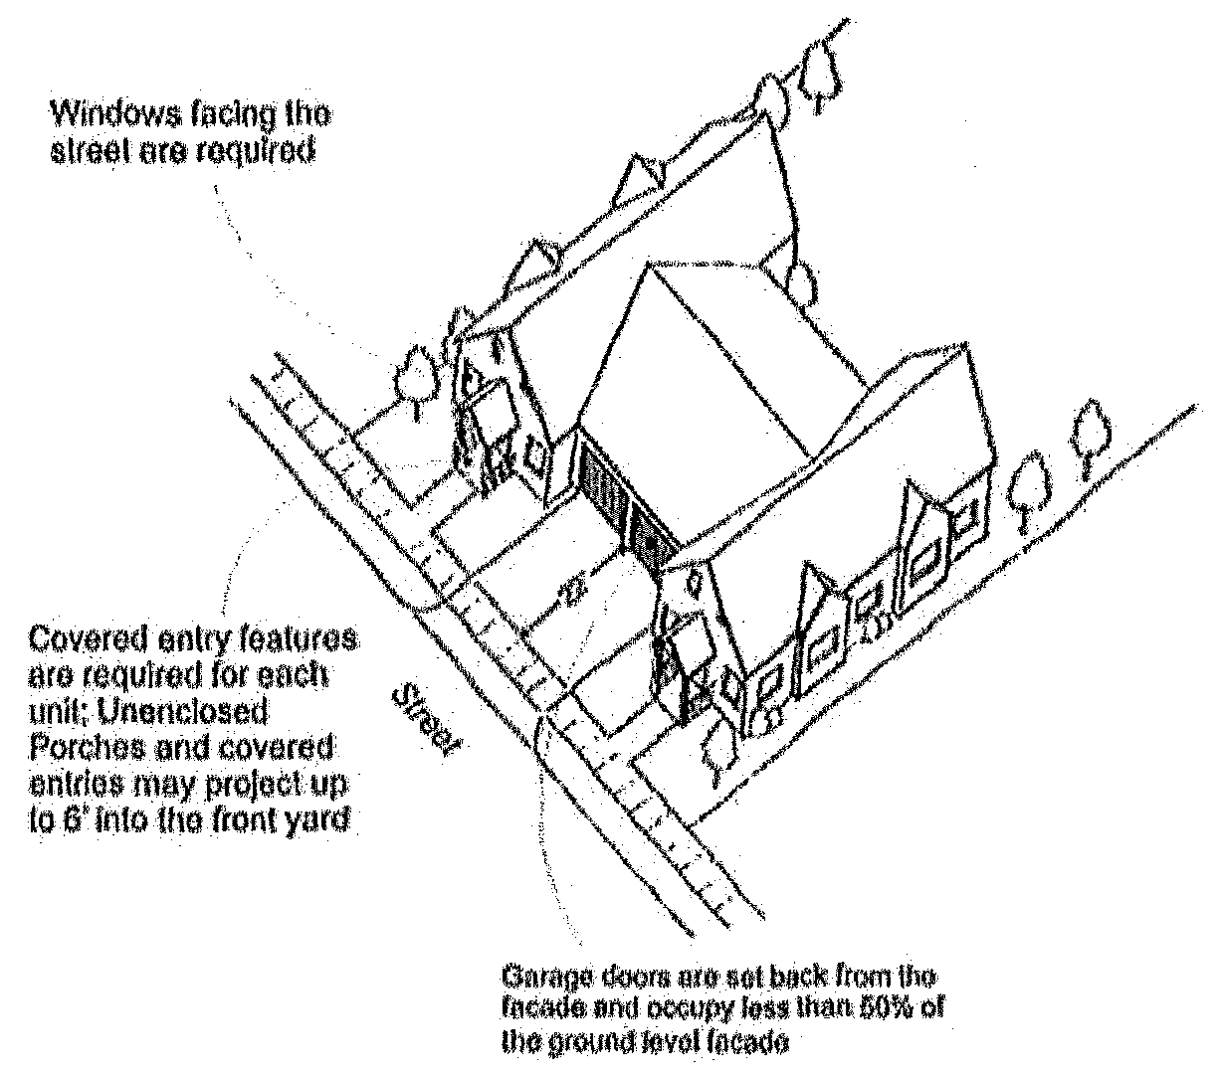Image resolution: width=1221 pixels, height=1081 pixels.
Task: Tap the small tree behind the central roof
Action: click(800, 280)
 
